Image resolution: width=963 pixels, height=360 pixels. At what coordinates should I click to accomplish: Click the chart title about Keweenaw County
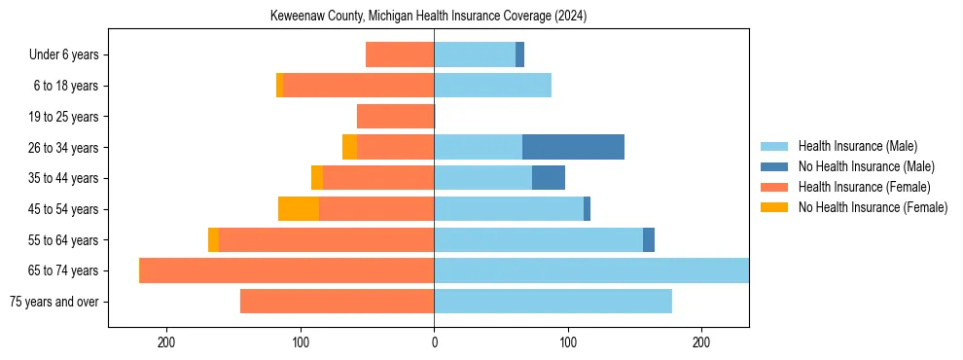[x=428, y=17]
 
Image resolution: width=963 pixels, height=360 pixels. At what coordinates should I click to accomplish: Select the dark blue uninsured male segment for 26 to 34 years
[x=573, y=147]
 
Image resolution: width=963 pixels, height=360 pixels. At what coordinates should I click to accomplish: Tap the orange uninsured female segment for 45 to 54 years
[x=298, y=208]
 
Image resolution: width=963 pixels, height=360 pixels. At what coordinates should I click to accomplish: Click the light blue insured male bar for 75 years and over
[x=553, y=301]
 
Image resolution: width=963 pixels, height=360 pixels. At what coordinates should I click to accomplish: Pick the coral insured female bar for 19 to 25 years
[x=395, y=117]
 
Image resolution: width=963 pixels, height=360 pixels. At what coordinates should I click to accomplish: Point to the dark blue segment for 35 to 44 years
[x=549, y=178]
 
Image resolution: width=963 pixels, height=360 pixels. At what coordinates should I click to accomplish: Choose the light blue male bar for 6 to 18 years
[x=492, y=86]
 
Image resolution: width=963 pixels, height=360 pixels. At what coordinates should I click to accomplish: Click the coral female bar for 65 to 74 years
[x=287, y=270]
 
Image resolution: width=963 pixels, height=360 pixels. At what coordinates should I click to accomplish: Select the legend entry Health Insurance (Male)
[x=857, y=146]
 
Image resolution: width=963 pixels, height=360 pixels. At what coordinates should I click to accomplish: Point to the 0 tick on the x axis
[x=434, y=342]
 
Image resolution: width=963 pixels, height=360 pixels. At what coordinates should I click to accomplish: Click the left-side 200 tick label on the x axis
[x=166, y=342]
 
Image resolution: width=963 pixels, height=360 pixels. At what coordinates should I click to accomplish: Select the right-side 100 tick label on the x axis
[x=568, y=342]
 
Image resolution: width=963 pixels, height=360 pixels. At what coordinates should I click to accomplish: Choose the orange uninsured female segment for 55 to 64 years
[x=213, y=239]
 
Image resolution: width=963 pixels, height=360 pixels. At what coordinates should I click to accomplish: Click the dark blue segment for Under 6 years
[x=519, y=54]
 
